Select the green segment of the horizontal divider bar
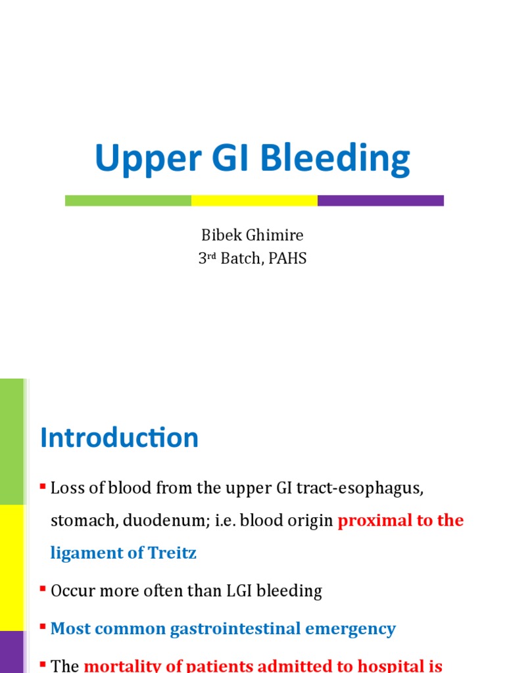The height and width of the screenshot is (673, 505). pyautogui.click(x=128, y=200)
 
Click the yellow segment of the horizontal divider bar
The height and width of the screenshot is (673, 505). pyautogui.click(x=254, y=200)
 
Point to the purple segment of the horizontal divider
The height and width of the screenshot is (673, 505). pyautogui.click(x=381, y=200)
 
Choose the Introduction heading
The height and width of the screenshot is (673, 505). pyautogui.click(x=119, y=438)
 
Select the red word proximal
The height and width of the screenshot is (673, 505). pyautogui.click(x=372, y=521)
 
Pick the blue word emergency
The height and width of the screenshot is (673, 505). pyautogui.click(x=350, y=629)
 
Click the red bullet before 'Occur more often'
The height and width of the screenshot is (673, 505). pyautogui.click(x=43, y=590)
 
